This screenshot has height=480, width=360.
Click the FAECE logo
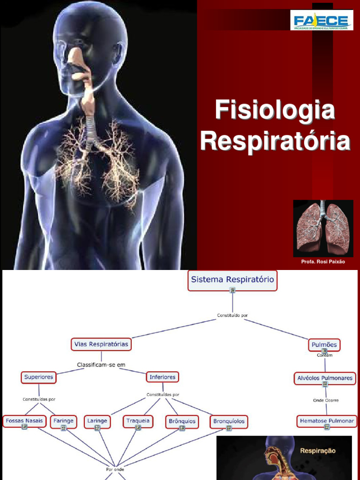coord(322,20)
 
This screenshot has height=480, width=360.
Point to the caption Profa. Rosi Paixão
coord(323,262)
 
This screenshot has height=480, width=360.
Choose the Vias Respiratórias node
coord(101,344)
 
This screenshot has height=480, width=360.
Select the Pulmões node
coord(324,345)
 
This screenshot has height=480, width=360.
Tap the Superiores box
coord(39,377)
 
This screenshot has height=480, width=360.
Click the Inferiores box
coord(162,377)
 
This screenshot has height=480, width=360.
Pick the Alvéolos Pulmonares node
coord(325,378)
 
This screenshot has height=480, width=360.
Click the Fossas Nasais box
coord(24,421)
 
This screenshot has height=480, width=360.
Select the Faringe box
coord(63,421)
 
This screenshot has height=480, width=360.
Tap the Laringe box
coord(97,421)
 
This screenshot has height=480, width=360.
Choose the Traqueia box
coord(138,421)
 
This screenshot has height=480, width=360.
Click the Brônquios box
coord(182,421)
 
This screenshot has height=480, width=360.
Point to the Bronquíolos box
coord(229,421)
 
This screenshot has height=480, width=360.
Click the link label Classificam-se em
coord(101,365)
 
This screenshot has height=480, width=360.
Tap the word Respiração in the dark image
coord(318,450)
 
